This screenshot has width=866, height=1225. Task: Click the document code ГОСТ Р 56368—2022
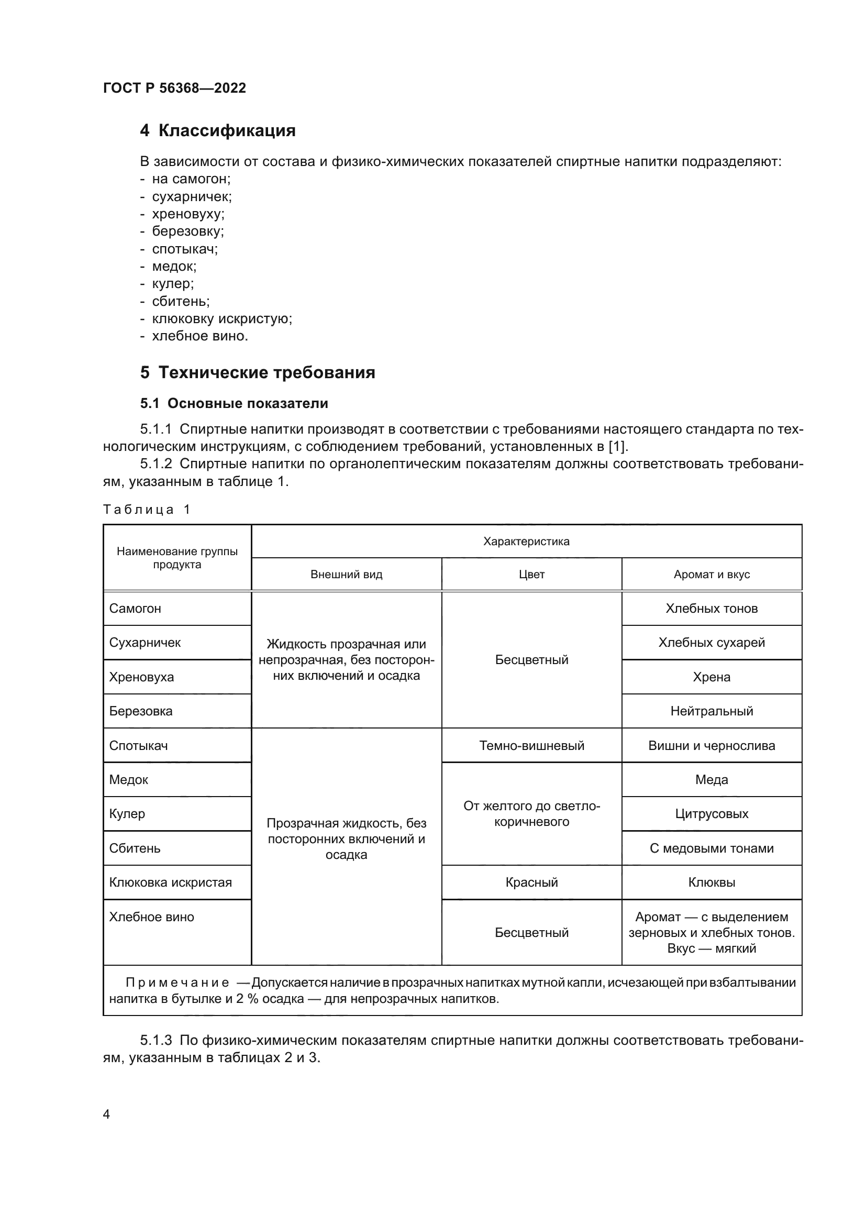point(174,88)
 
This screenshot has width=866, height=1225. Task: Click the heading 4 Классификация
point(218,131)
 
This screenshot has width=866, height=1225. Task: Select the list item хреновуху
point(188,214)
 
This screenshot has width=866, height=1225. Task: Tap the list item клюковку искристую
point(222,318)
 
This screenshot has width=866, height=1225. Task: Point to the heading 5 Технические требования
point(258,372)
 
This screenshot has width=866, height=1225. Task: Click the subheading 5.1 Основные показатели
point(234,403)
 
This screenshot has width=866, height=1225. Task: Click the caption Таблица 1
point(146,510)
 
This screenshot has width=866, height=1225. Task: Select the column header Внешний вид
point(346,575)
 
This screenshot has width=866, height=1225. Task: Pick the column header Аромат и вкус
point(712,575)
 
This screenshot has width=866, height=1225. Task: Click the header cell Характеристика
point(526,542)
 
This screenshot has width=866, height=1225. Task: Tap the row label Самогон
point(135,609)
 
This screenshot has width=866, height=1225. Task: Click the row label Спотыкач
point(138,746)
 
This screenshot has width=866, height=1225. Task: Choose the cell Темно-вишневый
point(531,746)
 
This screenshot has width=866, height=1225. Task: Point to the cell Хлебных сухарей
point(712,643)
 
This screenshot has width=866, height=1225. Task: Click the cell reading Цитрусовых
point(712,814)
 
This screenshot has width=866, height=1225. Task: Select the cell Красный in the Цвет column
point(531,882)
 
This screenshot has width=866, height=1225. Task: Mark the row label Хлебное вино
point(151,917)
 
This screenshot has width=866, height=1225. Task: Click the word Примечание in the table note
point(177,983)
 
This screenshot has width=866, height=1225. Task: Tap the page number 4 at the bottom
point(106,1114)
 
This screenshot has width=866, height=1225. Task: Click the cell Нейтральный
point(712,711)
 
